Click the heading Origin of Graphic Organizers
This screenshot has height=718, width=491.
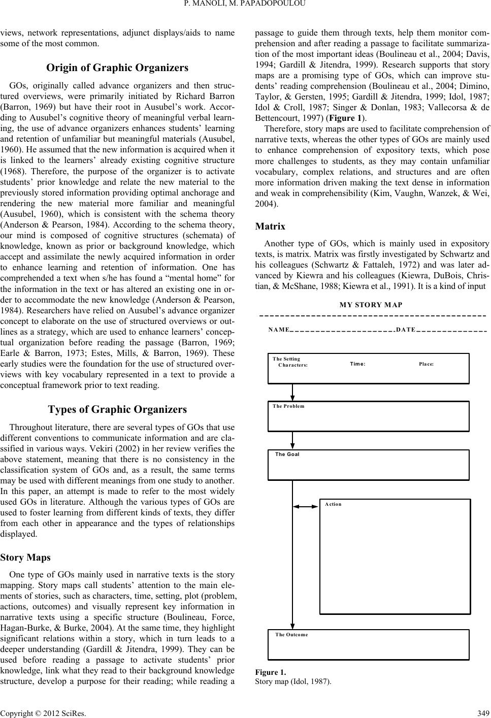coord(117,68)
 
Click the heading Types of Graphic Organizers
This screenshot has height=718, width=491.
coord(117,409)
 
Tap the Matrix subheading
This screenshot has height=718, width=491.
coord(270,226)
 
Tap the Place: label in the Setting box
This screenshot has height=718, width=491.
coord(426,364)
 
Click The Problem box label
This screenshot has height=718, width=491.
coord(288,406)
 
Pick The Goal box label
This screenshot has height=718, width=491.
coord(287,454)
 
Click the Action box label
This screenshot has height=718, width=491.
coord(333,504)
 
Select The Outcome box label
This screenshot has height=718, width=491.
coord(291,635)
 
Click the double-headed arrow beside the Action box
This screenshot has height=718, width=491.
coord(306,506)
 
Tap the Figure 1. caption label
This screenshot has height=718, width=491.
coord(271,672)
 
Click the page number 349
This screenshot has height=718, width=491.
coord(483,711)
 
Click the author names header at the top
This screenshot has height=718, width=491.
coord(245,6)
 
